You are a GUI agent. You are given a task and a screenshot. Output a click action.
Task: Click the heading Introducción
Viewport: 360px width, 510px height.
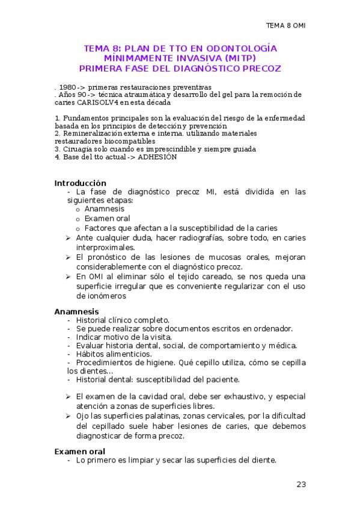click(x=81, y=183)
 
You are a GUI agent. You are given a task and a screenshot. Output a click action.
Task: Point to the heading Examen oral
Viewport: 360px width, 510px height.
click(x=80, y=451)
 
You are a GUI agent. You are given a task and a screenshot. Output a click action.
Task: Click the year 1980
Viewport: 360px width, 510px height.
click(x=67, y=87)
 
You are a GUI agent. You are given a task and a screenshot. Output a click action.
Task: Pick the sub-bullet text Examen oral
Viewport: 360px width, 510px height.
click(x=108, y=218)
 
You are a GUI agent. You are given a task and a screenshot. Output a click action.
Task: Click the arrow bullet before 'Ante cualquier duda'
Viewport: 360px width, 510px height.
click(x=69, y=238)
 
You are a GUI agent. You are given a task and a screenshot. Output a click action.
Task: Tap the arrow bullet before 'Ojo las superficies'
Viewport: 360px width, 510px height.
click(x=69, y=416)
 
